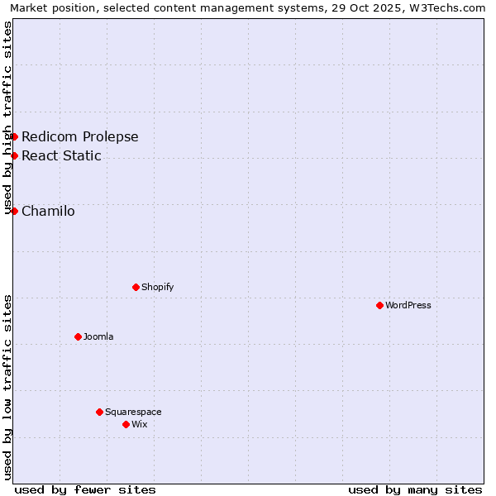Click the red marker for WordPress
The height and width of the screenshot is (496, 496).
pos(379,305)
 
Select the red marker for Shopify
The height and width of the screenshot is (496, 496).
pos(136,287)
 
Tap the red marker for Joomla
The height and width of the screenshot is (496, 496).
pos(78,336)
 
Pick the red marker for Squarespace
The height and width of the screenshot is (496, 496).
pos(99,412)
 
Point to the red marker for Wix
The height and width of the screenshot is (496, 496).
pos(126,424)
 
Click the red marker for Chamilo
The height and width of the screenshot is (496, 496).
pos(14,211)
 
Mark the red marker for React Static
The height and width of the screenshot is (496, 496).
pos(14,155)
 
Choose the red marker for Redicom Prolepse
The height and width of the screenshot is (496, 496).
pos(14,136)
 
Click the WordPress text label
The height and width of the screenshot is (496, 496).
pos(408,305)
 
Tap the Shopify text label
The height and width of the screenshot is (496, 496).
pos(157,287)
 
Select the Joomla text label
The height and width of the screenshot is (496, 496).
pos(98,336)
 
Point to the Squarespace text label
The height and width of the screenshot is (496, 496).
pos(133,412)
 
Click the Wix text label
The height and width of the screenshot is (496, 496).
pos(139,424)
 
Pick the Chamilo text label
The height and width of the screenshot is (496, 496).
pos(48,211)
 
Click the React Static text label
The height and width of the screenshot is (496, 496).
pos(61,155)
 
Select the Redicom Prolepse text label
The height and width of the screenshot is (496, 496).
pos(80,136)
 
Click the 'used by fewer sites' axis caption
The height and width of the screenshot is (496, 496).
pos(85,489)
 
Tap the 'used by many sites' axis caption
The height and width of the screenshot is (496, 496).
pos(415,489)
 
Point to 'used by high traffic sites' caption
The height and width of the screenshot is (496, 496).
pos(8,117)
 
